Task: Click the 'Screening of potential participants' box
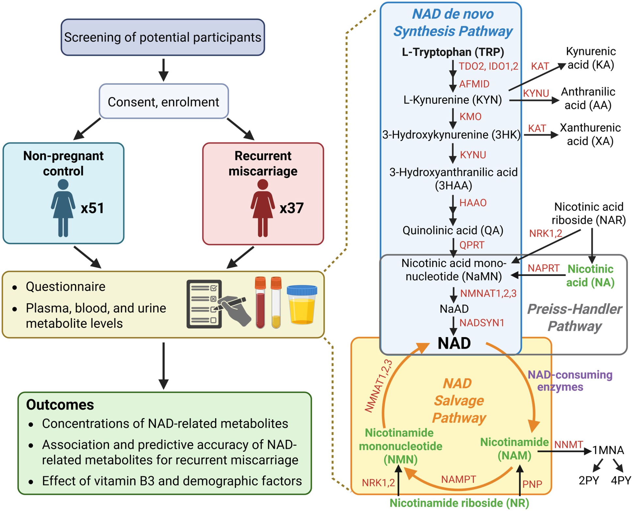coord(162,37)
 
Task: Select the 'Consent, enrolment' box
coord(163,102)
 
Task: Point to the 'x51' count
coord(92,208)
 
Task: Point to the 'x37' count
coord(292,208)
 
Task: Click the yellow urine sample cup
coord(302,305)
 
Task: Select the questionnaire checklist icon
coord(204,304)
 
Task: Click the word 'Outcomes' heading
coord(60,405)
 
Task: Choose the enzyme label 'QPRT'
coord(472,245)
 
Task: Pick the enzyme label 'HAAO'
coord(473,203)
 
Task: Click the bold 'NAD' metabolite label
coord(454,343)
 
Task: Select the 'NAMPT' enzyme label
coord(458,479)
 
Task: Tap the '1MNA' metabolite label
coord(608,450)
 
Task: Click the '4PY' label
coord(621,480)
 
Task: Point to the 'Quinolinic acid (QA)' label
coord(453,230)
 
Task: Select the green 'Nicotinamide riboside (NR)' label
coord(459,503)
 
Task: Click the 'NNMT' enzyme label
coord(568,444)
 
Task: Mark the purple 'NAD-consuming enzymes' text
coord(570,381)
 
